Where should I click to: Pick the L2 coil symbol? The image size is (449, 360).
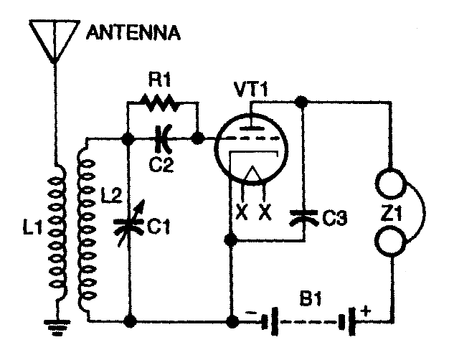[85, 226]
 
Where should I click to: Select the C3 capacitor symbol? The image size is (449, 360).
[303, 216]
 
